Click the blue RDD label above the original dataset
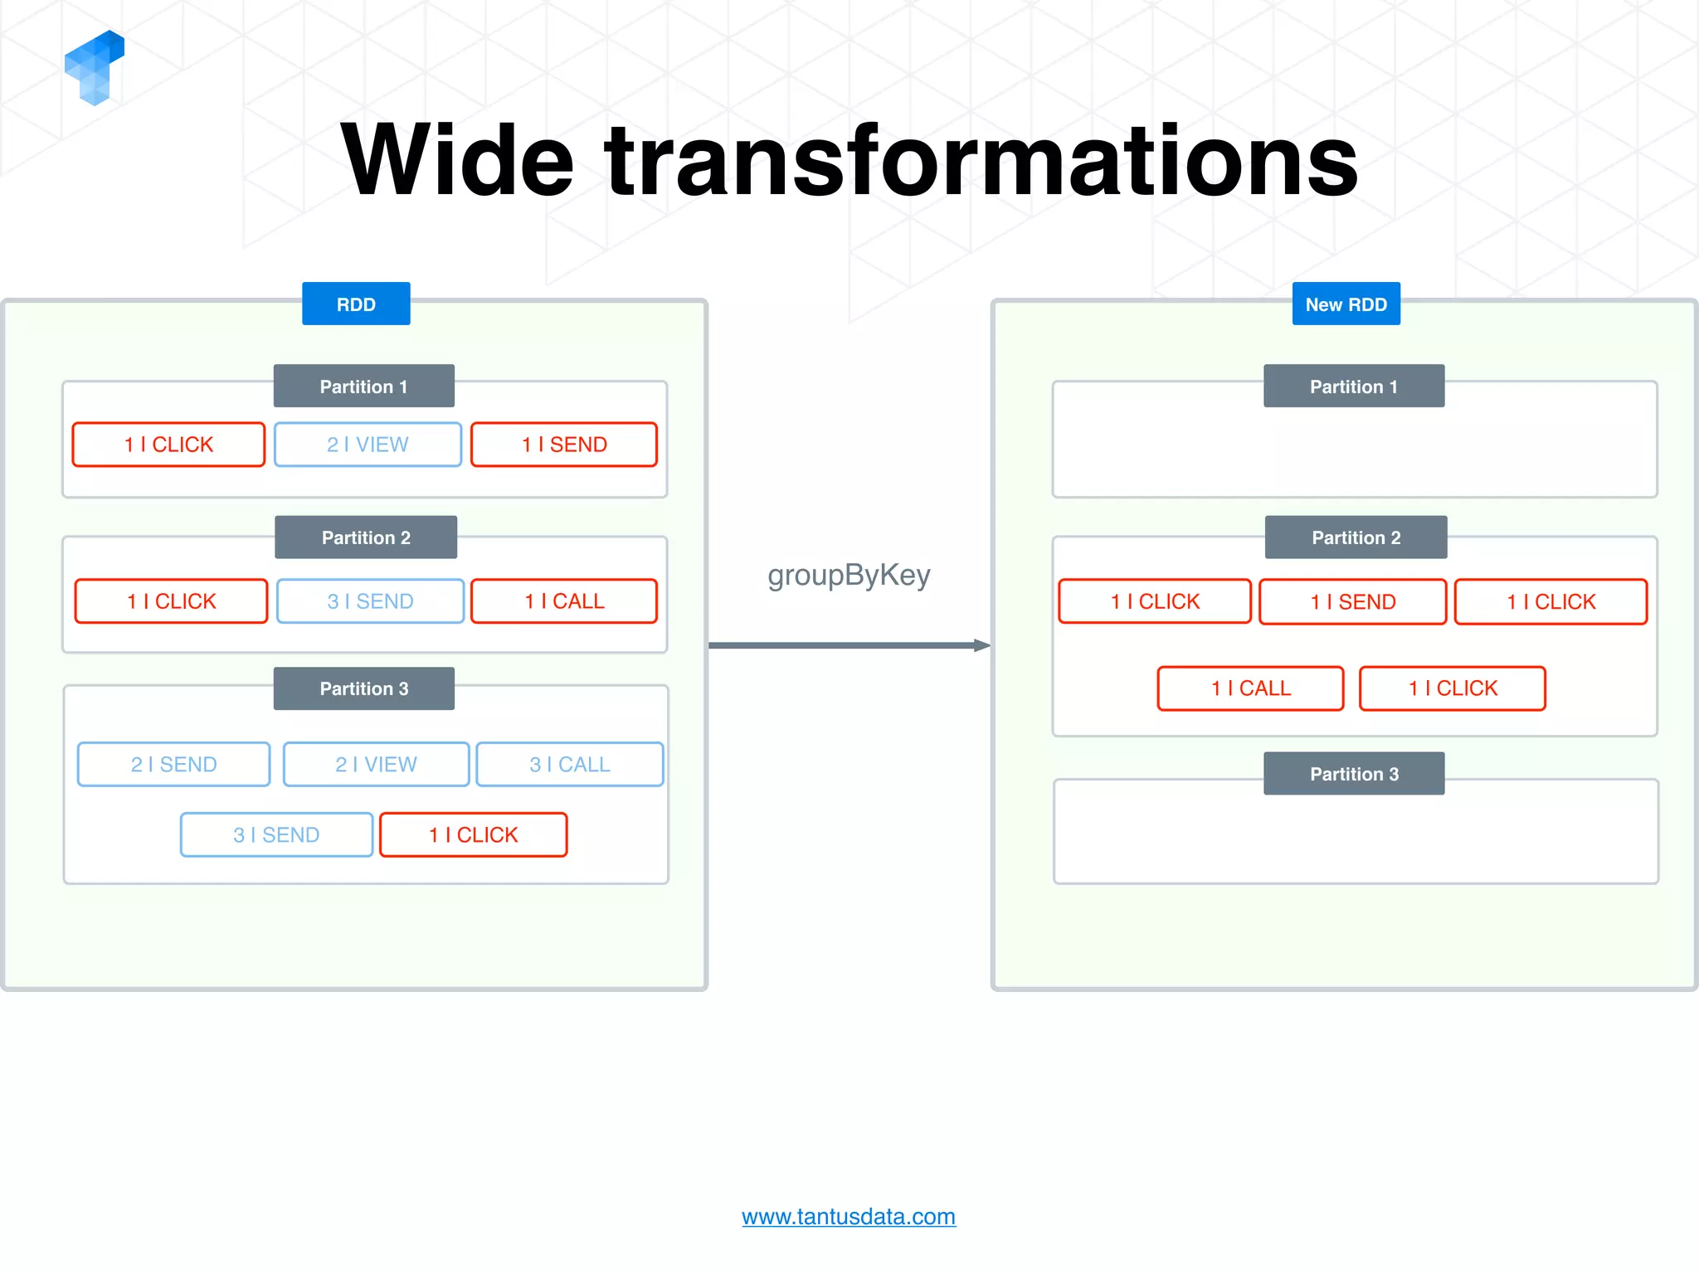pos(356,304)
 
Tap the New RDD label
pos(1346,304)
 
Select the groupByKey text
pos(849,575)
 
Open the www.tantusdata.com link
pos(849,1217)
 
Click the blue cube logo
pos(95,68)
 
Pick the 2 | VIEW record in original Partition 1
pos(368,445)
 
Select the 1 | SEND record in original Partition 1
pos(564,445)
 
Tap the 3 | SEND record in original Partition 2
pos(370,601)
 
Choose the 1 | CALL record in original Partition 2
pos(564,601)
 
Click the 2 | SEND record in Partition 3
pos(173,764)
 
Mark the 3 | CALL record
pos(570,764)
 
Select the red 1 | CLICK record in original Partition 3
pos(473,834)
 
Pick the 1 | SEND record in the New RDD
pos(1352,601)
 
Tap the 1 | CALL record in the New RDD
pos(1250,688)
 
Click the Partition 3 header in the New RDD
pos(1354,773)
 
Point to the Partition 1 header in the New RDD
pos(1354,386)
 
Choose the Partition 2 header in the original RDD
pos(366,537)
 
